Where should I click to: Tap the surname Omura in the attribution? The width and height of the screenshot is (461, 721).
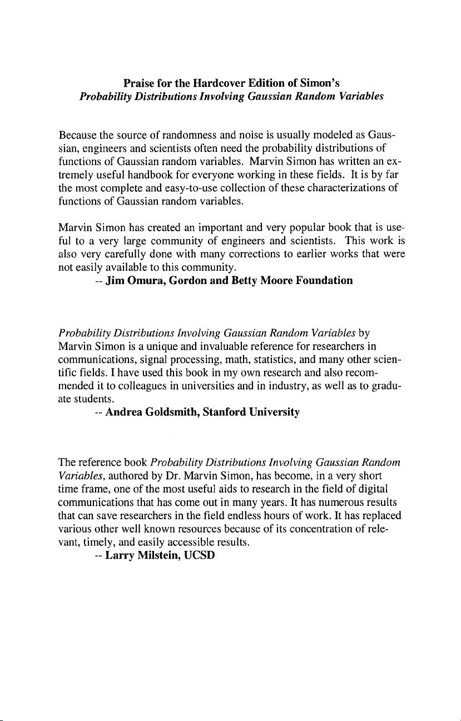(147, 281)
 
